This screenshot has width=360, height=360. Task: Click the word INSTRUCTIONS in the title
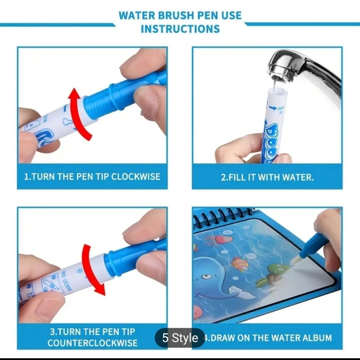coord(180,29)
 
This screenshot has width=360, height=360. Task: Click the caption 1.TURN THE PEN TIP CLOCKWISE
coord(92,176)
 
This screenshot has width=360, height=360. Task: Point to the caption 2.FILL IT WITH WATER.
coord(267,177)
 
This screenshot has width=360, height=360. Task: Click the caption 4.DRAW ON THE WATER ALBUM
coord(268,338)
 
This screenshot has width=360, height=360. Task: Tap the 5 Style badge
coord(180,338)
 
